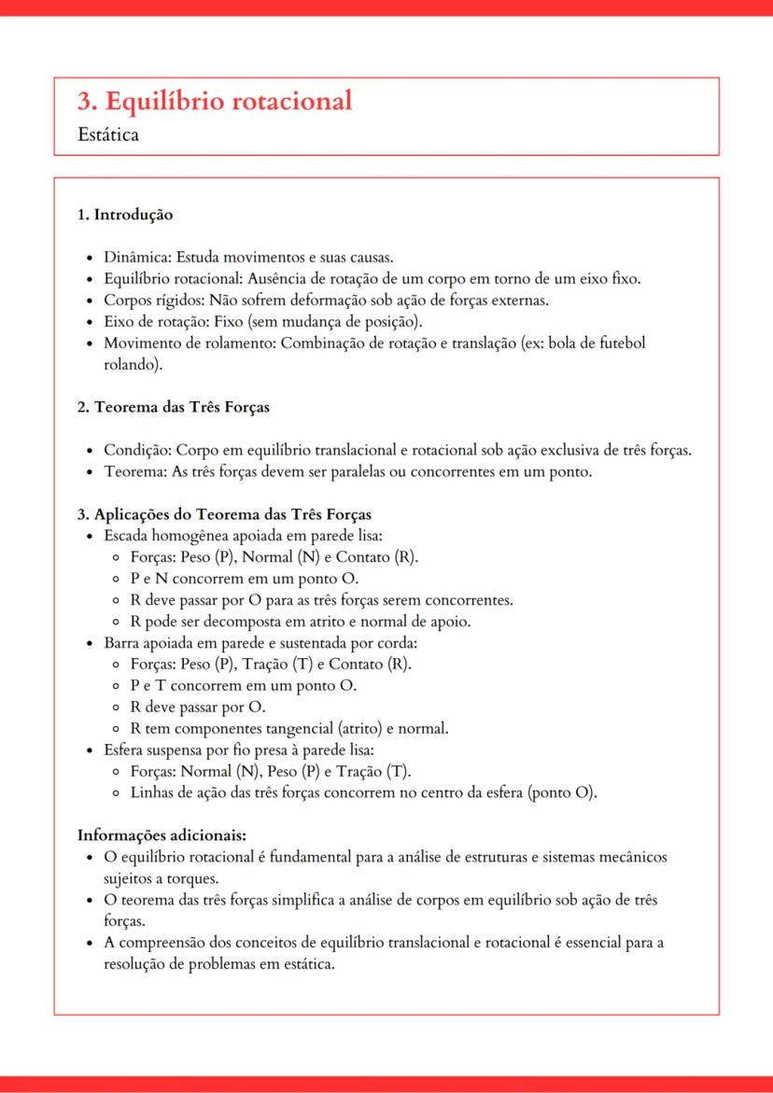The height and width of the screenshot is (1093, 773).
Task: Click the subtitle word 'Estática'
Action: click(x=109, y=135)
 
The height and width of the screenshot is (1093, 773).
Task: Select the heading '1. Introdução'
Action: click(x=125, y=215)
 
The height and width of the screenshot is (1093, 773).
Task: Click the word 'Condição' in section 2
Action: click(x=136, y=450)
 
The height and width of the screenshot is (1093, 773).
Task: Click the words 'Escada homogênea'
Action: click(x=161, y=536)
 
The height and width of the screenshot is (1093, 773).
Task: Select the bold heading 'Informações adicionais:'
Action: click(x=162, y=834)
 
